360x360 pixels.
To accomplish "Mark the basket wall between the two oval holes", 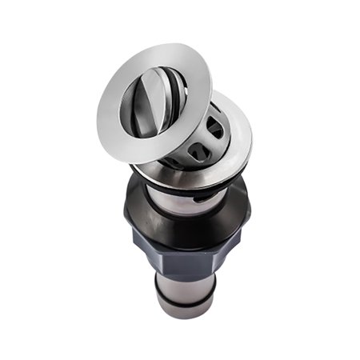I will tap(211, 138).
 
